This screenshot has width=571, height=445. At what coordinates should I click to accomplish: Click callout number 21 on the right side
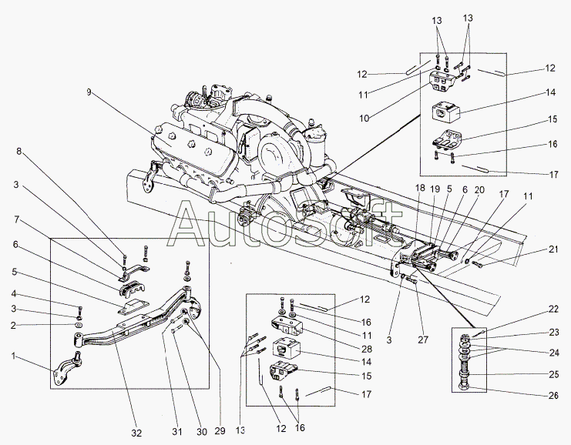pos(552,250)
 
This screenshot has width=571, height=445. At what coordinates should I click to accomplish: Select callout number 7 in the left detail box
pos(15,220)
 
